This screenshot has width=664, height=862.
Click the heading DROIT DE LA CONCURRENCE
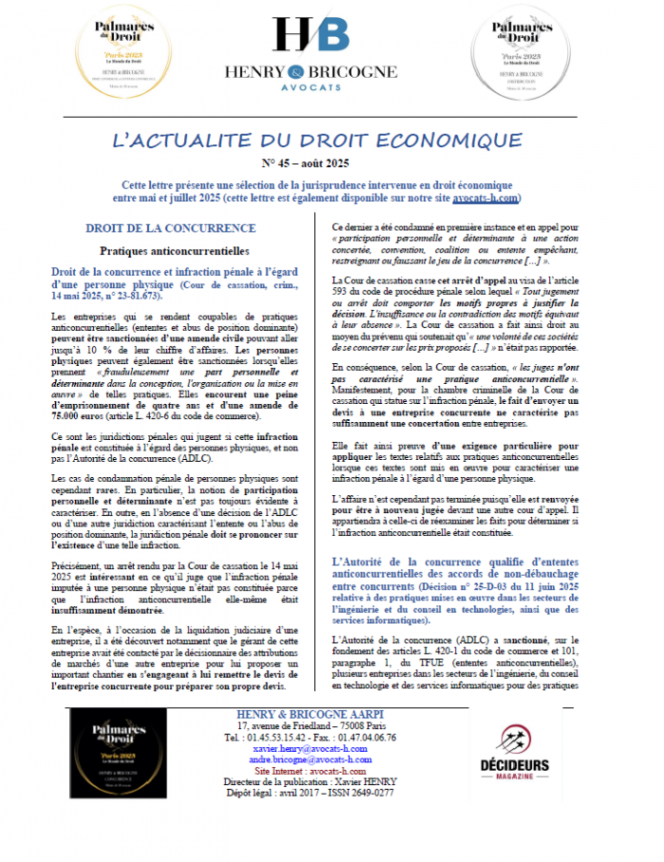click(170, 229)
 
